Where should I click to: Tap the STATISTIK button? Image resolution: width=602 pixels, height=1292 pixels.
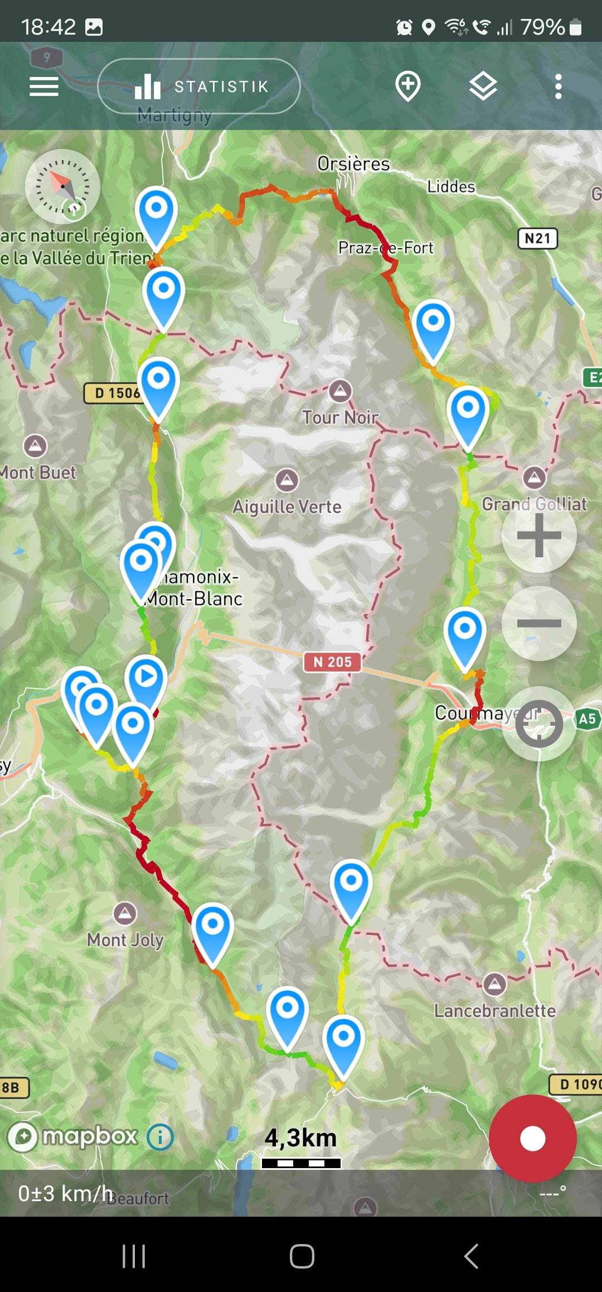click(x=199, y=86)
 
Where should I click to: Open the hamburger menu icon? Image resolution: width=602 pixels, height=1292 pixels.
click(x=44, y=86)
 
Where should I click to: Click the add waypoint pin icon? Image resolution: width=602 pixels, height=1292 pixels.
click(x=407, y=86)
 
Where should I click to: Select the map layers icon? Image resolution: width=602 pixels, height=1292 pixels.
click(x=483, y=86)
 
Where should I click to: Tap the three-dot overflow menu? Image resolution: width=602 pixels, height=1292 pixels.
click(x=558, y=86)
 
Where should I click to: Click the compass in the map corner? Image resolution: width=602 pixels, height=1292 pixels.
click(x=62, y=186)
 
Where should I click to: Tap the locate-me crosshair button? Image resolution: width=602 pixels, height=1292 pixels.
click(x=539, y=724)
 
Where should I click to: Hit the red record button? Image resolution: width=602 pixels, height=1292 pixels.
click(x=532, y=1138)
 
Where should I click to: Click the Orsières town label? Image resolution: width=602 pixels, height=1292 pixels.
click(x=353, y=164)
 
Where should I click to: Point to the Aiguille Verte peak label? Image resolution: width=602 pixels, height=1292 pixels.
click(x=287, y=507)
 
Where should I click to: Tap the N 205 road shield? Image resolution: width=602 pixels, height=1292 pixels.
click(x=332, y=662)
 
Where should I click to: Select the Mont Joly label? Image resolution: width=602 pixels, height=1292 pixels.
click(x=125, y=940)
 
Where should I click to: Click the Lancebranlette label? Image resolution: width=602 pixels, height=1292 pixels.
click(x=495, y=1011)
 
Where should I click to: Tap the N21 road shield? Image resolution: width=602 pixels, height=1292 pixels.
click(x=537, y=239)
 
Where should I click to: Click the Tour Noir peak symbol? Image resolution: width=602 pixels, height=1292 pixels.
click(x=340, y=391)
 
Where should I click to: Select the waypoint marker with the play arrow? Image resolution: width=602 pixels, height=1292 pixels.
click(x=147, y=678)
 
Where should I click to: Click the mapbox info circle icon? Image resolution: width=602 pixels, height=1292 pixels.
click(x=160, y=1136)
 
